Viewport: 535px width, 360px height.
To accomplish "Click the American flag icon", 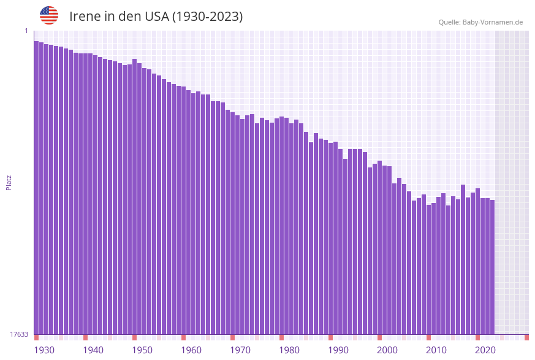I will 49,15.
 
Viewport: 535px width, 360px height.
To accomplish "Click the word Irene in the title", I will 85,17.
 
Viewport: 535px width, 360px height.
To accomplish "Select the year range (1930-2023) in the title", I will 207,17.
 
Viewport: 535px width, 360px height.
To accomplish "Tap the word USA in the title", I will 156,17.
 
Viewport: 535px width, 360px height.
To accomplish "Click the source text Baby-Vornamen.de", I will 493,22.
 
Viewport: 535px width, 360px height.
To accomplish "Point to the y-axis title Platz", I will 9,182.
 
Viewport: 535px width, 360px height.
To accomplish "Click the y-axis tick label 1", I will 26,31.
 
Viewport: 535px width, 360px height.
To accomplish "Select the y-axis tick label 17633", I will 19,334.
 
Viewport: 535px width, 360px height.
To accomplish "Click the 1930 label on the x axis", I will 44,350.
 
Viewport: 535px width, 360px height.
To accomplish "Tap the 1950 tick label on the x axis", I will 142,350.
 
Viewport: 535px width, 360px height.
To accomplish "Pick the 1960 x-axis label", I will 191,350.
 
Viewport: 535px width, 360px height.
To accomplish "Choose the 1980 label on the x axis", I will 289,350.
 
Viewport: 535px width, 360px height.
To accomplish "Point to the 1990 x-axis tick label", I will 338,350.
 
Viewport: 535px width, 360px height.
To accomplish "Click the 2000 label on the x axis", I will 387,350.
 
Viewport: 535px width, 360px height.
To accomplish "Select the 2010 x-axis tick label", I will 436,350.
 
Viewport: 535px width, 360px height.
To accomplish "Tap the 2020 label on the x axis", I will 485,350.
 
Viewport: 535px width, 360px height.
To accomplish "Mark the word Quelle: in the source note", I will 449,22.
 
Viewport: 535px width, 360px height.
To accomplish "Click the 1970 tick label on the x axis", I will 240,350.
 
